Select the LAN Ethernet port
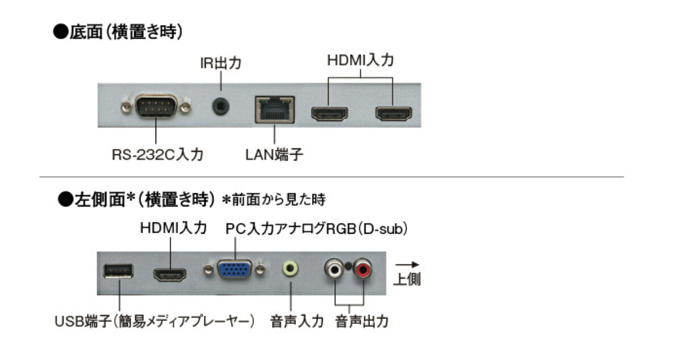click(275, 108)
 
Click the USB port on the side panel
click(118, 271)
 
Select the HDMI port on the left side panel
click(170, 275)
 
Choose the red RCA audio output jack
click(363, 268)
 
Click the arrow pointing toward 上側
click(407, 265)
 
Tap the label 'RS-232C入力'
click(157, 154)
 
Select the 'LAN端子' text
click(275, 154)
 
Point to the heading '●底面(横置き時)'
click(118, 32)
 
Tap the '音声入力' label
click(297, 321)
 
